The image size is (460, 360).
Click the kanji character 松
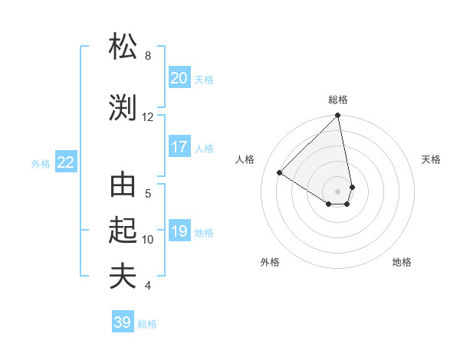(x=123, y=47)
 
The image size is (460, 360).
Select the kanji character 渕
(x=123, y=108)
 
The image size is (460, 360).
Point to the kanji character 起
(x=123, y=230)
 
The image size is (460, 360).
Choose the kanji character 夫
(x=123, y=277)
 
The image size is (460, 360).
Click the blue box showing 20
(x=179, y=78)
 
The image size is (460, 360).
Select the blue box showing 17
(x=179, y=147)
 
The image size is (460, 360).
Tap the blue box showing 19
(x=179, y=231)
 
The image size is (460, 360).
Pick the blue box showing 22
(x=66, y=162)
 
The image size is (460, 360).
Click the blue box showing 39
(x=123, y=322)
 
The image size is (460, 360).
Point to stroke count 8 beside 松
(x=148, y=56)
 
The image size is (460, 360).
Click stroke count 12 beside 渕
(x=148, y=117)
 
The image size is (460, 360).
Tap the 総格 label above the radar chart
(x=338, y=100)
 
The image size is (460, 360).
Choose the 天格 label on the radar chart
(x=431, y=159)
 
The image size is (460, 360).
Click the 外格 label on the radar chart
(x=269, y=262)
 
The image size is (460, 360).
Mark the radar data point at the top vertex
(x=338, y=116)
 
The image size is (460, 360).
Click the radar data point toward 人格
(x=280, y=173)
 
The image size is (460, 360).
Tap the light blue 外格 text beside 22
(x=41, y=163)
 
